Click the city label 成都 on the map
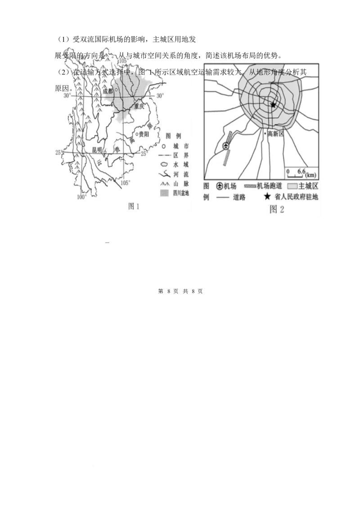point(108,91)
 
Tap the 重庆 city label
point(139,107)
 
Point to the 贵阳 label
point(144,134)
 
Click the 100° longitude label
point(81,197)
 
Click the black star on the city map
point(273,104)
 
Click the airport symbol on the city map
point(226,145)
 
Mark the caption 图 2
point(277,209)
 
